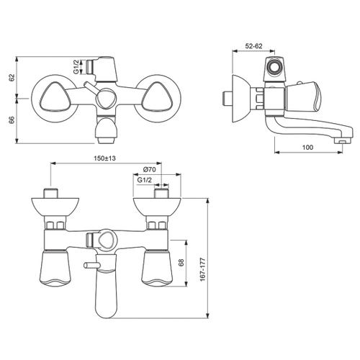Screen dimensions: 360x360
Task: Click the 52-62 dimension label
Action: [x=253, y=46]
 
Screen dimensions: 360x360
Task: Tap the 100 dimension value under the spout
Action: [x=307, y=147]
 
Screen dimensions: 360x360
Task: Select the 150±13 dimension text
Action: [x=104, y=158]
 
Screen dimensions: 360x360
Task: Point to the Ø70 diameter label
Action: [x=149, y=169]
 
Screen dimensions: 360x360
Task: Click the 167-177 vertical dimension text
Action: [x=203, y=269]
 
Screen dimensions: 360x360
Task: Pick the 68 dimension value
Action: [x=181, y=263]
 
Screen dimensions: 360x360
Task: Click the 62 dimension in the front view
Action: [x=12, y=78]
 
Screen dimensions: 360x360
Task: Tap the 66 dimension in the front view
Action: [x=12, y=120]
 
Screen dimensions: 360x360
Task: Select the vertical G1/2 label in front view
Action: [x=76, y=67]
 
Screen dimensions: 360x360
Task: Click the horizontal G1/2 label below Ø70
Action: [x=145, y=180]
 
